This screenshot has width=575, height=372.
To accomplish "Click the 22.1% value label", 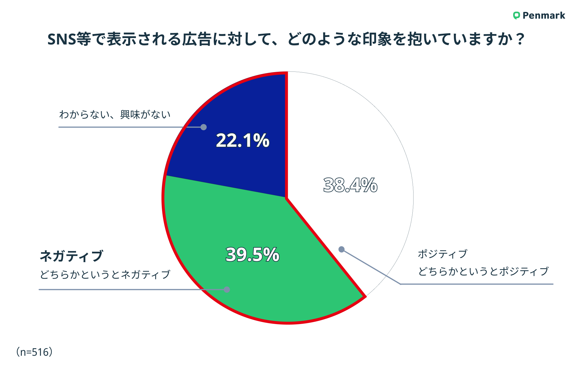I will point(243,140).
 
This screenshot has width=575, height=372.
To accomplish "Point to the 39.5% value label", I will point(253,255).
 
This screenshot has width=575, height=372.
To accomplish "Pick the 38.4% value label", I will point(350,185).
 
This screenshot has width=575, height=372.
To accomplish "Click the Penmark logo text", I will point(544,15).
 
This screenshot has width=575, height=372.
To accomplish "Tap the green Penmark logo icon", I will point(516,15).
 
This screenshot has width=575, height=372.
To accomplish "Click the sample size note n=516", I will point(34,352).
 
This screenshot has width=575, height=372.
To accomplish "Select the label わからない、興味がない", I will point(115,115).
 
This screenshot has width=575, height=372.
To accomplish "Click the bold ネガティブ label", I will point(71,256).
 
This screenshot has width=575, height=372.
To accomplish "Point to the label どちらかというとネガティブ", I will point(105,274).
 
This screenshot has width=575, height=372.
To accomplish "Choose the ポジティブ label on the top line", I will point(442,254).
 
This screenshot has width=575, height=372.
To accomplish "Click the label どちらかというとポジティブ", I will point(483,271).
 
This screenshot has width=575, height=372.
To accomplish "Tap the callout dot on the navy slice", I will point(204,127).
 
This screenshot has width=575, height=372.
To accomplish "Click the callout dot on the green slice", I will point(227,289).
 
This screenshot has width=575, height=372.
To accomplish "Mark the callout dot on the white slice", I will point(342,249).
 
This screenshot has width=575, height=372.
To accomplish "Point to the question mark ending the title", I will point(520,39).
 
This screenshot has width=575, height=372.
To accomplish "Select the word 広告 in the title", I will point(197,39).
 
